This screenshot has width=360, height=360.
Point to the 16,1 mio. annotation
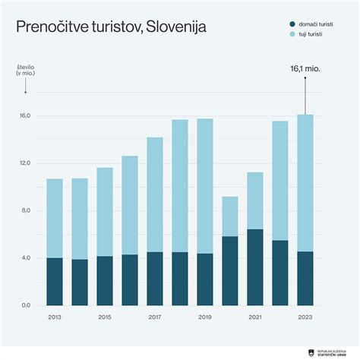point(305,68)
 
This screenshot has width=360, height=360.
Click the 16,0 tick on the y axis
point(24,116)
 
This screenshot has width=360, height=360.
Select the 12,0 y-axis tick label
point(24,163)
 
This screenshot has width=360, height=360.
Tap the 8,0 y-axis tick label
point(24,210)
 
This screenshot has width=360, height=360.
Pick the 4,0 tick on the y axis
point(24,258)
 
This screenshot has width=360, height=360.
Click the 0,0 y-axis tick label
point(24,305)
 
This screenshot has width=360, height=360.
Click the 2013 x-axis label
point(55,317)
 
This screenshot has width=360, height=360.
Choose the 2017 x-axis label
point(155,317)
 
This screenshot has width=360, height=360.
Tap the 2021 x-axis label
point(254,317)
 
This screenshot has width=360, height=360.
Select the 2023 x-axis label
point(305,317)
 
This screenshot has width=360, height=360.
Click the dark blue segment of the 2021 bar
point(254,267)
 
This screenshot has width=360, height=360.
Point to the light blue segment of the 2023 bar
point(305,182)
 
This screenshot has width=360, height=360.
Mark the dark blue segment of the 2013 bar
point(55,281)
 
